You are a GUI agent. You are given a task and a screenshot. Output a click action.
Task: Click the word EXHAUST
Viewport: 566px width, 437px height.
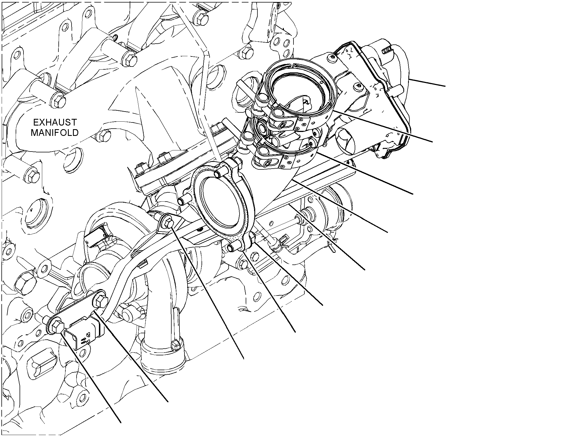point(55,122)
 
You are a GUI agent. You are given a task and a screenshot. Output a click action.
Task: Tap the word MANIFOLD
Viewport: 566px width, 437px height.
point(55,133)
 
